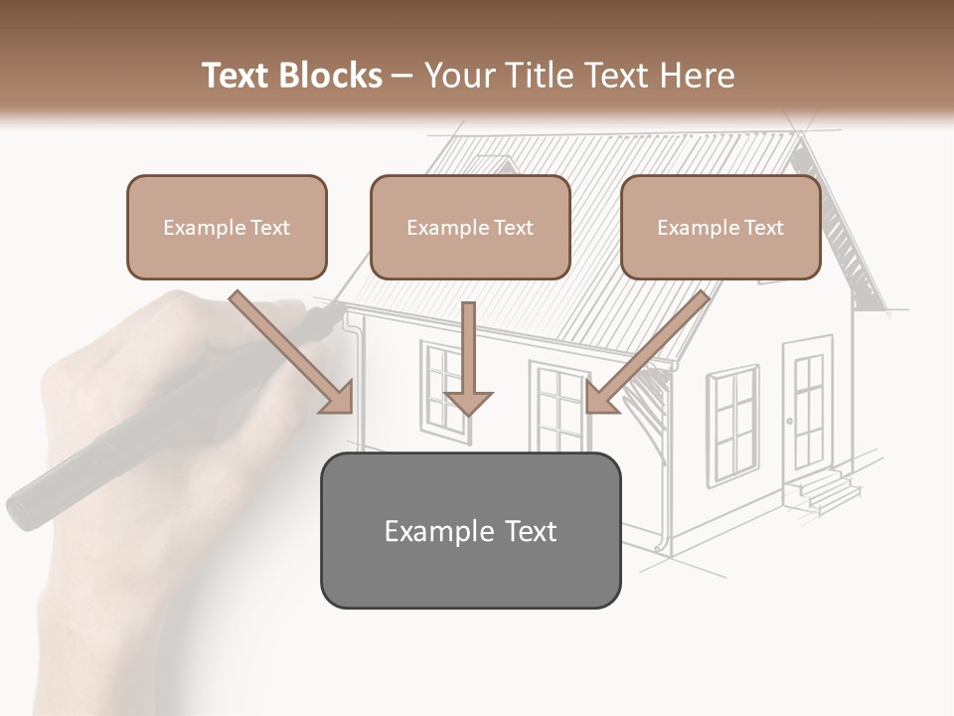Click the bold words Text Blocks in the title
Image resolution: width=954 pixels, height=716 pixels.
(291, 76)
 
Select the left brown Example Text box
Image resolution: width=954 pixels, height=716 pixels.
(227, 228)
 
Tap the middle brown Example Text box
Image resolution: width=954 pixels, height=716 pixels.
(470, 228)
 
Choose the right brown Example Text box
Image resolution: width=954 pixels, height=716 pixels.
(720, 228)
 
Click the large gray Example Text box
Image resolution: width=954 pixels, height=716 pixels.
(470, 531)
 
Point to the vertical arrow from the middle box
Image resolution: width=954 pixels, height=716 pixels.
(468, 358)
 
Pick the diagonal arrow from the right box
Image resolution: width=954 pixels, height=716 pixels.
(646, 353)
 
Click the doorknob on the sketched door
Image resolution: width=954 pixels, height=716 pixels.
(790, 422)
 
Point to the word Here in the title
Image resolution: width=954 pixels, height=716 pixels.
(701, 76)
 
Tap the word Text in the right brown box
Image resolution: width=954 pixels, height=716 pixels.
(764, 228)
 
